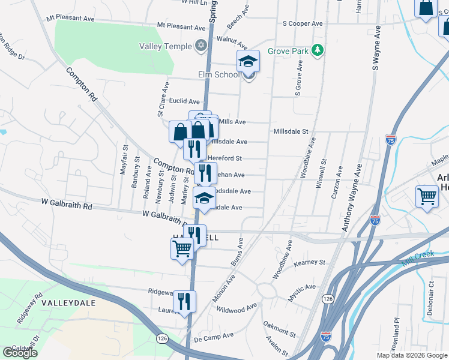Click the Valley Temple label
165,46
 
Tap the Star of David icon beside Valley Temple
201,46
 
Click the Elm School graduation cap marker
247,62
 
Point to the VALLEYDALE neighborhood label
70,303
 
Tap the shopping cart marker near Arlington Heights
426,196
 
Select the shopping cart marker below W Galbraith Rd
182,247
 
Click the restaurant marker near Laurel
184,301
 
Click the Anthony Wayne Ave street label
353,197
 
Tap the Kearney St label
309,263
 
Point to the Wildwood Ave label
237,310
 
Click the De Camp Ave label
214,338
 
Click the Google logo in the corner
20,352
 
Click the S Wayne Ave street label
376,49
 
